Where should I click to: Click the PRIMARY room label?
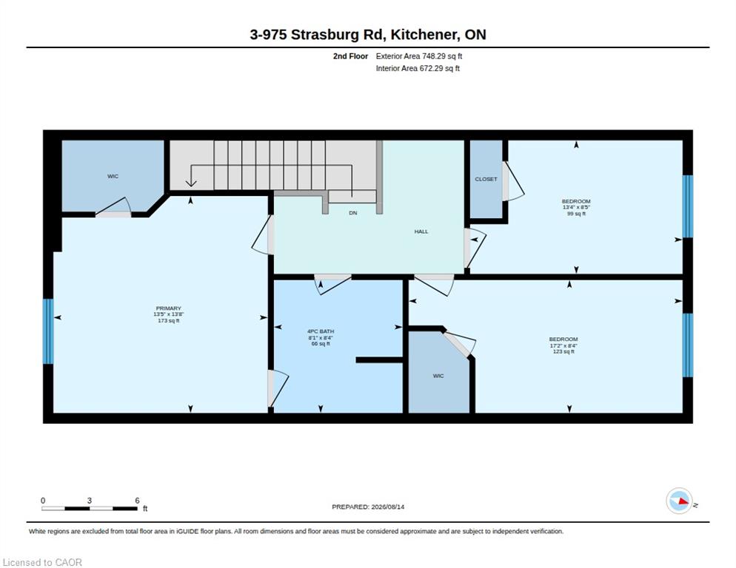pyautogui.click(x=169, y=308)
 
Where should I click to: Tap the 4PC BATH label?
pyautogui.click(x=321, y=331)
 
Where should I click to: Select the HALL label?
pyautogui.click(x=421, y=231)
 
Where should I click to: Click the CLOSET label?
pyautogui.click(x=486, y=179)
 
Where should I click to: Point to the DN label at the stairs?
pyautogui.click(x=353, y=213)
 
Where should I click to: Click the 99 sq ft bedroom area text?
pyautogui.click(x=576, y=214)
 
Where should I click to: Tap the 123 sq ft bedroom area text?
pyautogui.click(x=563, y=352)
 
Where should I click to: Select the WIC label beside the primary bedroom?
pyautogui.click(x=113, y=176)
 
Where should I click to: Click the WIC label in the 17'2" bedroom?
pyautogui.click(x=438, y=376)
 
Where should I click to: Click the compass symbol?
pyautogui.click(x=679, y=501)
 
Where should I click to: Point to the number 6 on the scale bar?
pyautogui.click(x=137, y=501)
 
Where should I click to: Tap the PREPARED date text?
pyautogui.click(x=368, y=507)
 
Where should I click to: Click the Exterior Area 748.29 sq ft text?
pyautogui.click(x=418, y=56)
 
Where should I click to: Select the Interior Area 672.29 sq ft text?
pyautogui.click(x=418, y=69)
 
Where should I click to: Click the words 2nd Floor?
pyautogui.click(x=351, y=56)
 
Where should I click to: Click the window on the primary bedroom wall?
pyautogui.click(x=48, y=331)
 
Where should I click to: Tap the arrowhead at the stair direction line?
pyautogui.click(x=191, y=183)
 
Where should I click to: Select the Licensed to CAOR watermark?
pyautogui.click(x=42, y=562)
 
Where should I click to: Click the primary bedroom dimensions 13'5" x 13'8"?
pyautogui.click(x=169, y=314)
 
